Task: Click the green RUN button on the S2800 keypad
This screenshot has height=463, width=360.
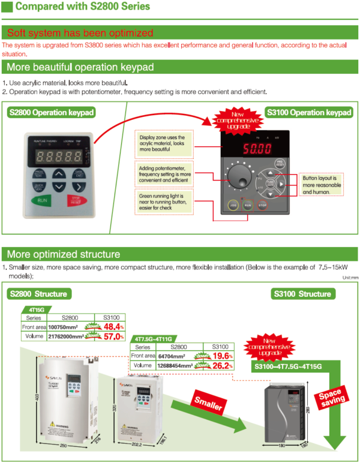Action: tap(42, 202)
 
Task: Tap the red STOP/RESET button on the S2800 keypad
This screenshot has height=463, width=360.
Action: tap(76, 201)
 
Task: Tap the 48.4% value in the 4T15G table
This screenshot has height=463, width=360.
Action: tap(113, 327)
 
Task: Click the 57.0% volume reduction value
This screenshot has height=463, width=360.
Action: tap(113, 336)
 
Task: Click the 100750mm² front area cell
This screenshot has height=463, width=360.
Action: tap(63, 327)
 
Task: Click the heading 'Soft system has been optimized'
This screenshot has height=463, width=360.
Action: tap(80, 32)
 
